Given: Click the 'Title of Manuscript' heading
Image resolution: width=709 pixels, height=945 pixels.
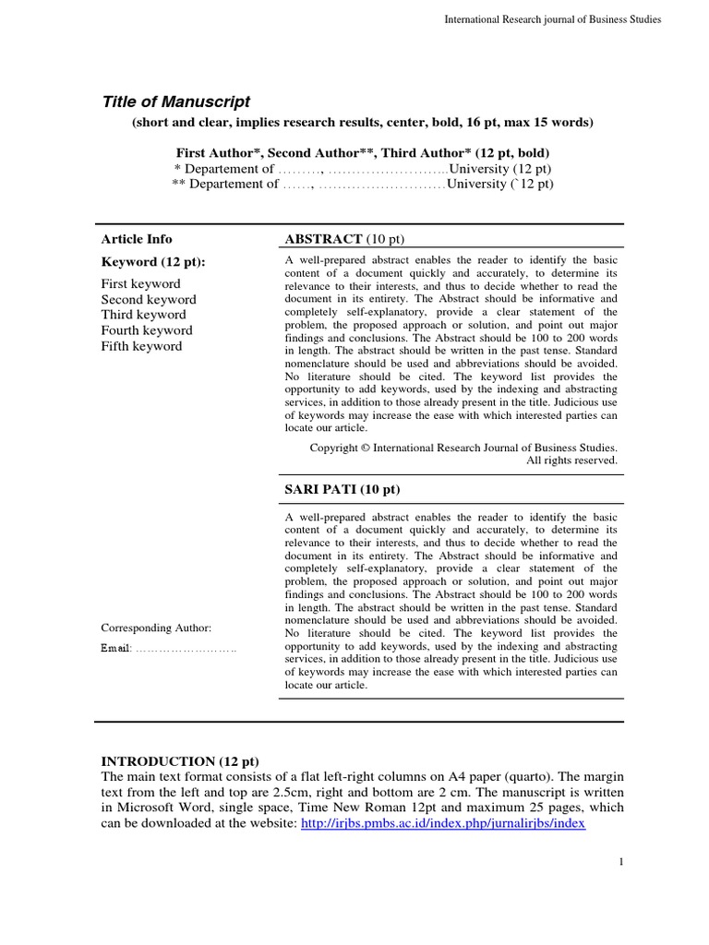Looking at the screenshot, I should (175, 102).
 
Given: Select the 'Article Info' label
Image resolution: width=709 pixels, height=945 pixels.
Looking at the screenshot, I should (137, 239).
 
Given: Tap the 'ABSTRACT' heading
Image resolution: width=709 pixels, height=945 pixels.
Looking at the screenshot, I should (323, 239).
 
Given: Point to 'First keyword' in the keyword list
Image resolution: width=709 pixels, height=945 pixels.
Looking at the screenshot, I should (140, 284).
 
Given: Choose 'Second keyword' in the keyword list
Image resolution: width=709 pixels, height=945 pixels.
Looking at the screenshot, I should (149, 300).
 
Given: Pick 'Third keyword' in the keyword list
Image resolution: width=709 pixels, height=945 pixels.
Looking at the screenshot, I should (143, 315).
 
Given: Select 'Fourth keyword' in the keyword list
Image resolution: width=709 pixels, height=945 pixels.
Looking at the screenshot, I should (147, 330).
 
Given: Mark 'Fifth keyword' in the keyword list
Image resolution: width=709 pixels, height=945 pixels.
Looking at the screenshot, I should (141, 346).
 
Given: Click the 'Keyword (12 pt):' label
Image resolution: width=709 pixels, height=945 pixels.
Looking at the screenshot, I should (153, 262).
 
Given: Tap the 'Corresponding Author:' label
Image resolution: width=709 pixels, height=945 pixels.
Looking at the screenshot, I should (156, 628).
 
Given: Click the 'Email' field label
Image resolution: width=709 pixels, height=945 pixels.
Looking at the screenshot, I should (116, 650).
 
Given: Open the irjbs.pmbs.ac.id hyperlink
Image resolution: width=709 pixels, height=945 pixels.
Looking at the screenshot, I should (444, 823).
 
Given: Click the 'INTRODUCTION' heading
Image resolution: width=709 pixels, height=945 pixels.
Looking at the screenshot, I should (157, 761).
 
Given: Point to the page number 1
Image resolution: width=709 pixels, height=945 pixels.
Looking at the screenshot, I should (621, 862).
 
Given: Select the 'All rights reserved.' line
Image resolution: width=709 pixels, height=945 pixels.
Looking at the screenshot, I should (571, 460).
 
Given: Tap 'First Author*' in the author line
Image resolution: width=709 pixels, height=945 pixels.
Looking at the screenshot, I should (219, 151).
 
